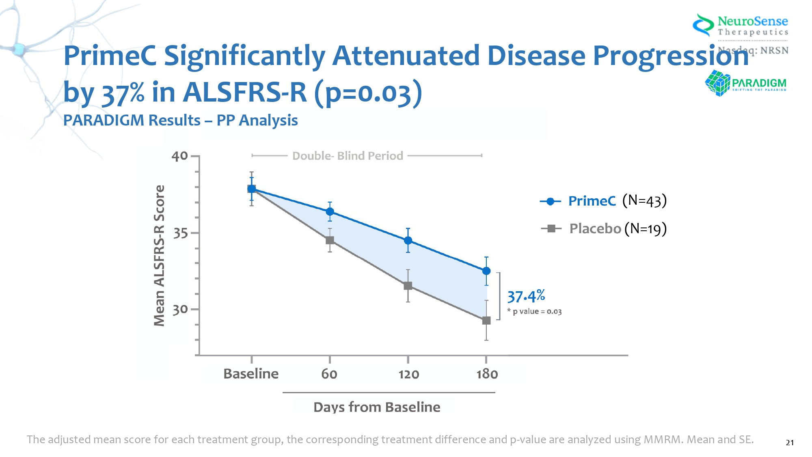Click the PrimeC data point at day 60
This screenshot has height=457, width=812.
330,212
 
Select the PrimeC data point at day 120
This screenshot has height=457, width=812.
408,240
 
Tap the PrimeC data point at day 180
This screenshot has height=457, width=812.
486,271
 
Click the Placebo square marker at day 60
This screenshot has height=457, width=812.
330,240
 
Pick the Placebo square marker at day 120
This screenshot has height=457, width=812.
408,286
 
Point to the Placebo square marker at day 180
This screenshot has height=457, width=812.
486,321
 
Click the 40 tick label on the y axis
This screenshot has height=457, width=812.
180,156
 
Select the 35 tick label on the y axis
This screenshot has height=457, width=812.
180,234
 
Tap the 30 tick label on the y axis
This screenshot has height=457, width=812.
180,310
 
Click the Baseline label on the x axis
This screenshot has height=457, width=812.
251,374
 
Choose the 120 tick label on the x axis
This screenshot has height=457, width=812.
408,374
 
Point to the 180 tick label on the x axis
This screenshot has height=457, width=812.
487,374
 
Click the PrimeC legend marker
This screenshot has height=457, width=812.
551,201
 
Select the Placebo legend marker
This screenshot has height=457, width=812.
551,229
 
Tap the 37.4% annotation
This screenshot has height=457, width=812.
526,296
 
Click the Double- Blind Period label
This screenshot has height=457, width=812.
348,156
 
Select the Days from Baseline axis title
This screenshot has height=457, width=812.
377,407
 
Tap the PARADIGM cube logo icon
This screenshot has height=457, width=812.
717,83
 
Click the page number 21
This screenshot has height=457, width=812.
789,442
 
